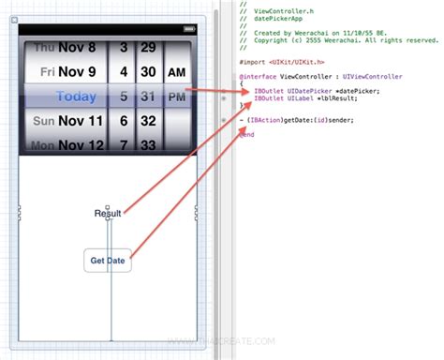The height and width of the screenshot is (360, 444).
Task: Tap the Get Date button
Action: coord(108,260)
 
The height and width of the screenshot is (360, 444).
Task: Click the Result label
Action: coord(108,214)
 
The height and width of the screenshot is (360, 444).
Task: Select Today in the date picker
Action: coord(76,96)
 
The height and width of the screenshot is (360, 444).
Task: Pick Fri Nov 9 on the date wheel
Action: coord(71,71)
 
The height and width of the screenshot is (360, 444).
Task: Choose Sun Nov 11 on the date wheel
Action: coord(71,121)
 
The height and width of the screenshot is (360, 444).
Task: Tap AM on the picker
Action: coord(176,72)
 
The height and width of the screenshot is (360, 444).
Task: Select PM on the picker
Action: coord(176,96)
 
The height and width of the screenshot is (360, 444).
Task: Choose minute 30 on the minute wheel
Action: coord(148,71)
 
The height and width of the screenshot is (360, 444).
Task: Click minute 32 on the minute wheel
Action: coord(148,121)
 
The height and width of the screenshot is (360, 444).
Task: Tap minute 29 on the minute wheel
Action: coord(148,46)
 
